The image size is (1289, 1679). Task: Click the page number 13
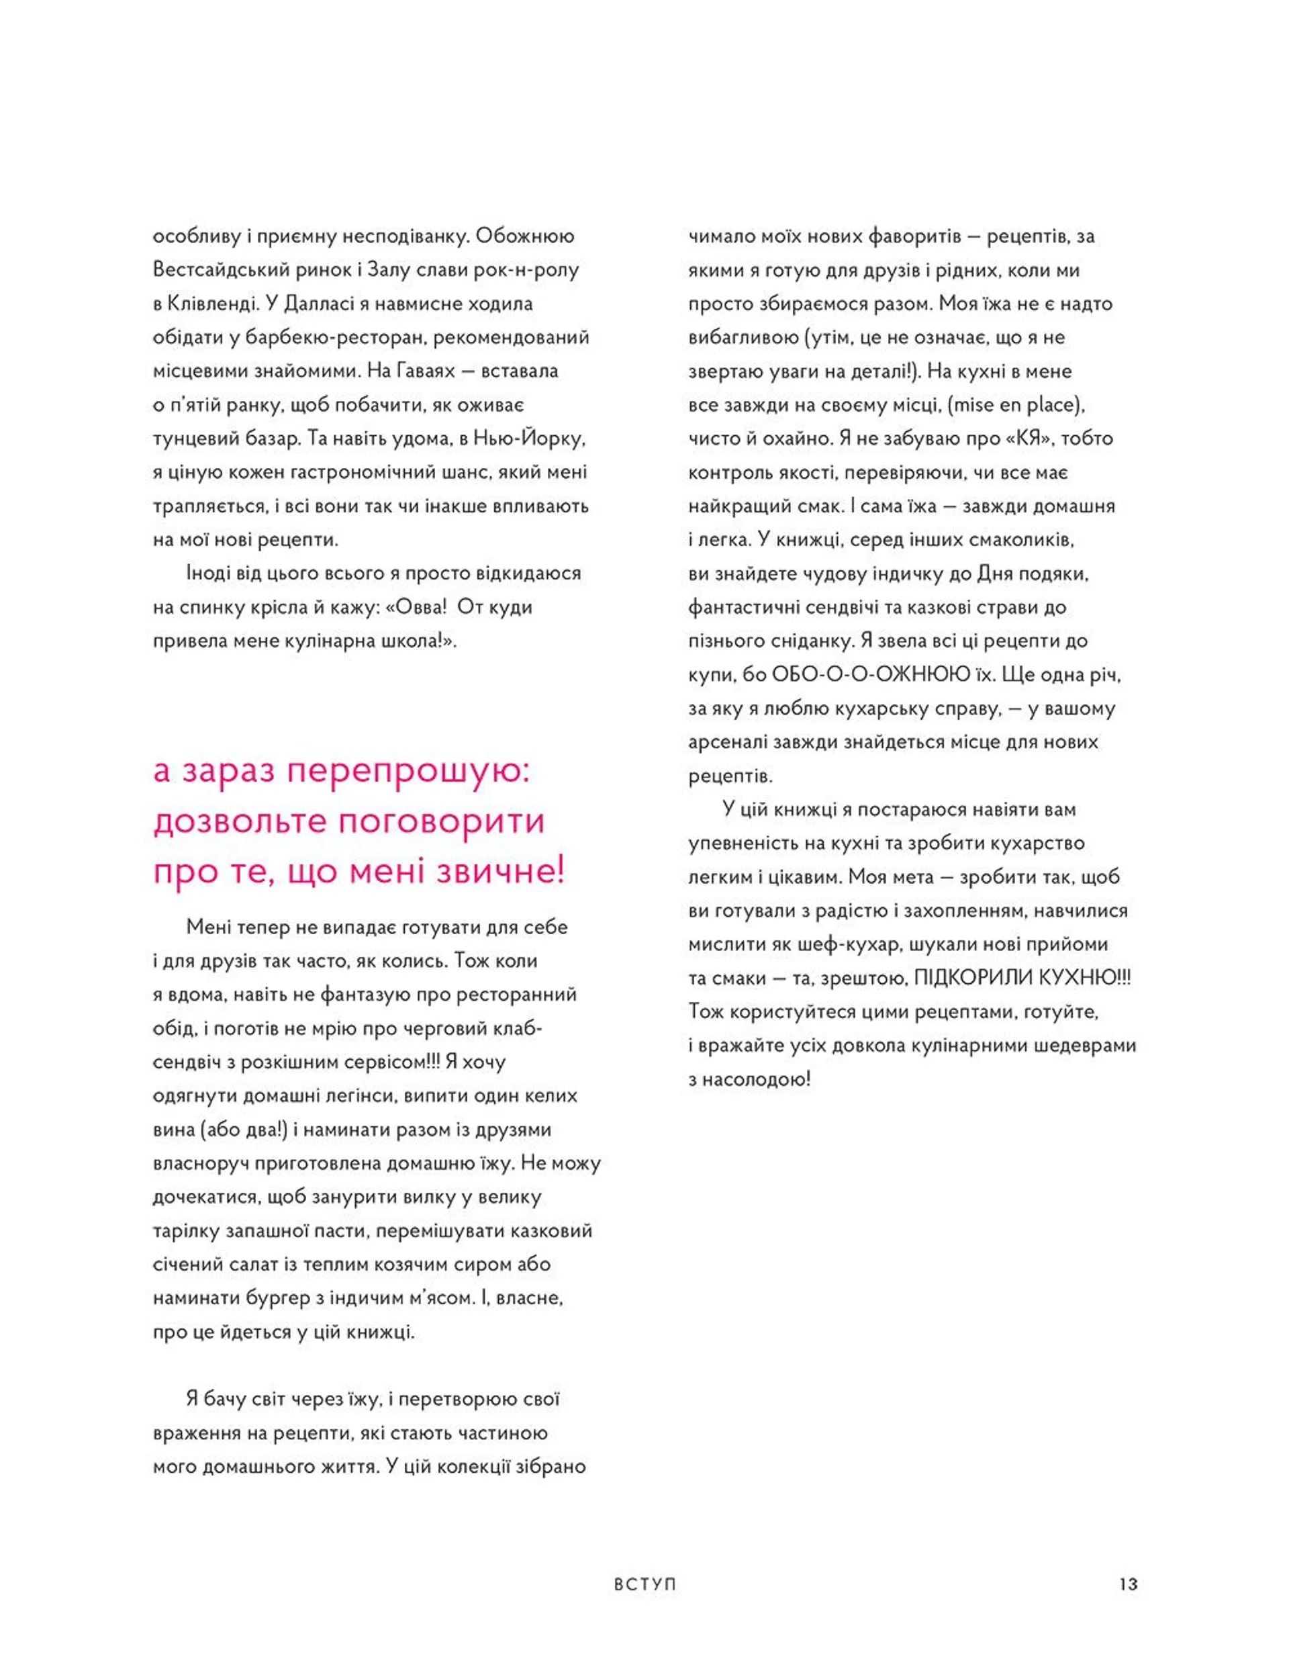click(1128, 1584)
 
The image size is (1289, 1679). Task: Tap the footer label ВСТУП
click(645, 1584)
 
